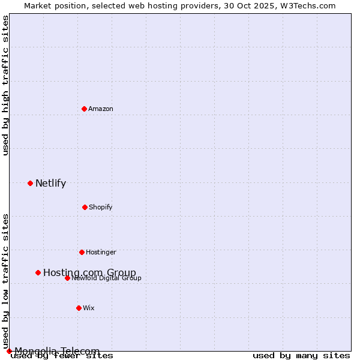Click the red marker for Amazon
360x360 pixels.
tap(84, 109)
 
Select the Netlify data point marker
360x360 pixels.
tap(30, 183)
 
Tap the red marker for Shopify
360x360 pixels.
tap(85, 207)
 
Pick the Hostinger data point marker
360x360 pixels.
tap(82, 252)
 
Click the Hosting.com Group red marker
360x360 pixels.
tap(38, 272)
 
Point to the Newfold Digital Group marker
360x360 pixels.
tap(67, 278)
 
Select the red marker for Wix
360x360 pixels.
tap(79, 308)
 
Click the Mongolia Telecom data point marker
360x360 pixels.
tap(9, 351)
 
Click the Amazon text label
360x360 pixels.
tap(101, 109)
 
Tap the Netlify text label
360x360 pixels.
tap(50, 183)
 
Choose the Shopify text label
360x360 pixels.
tap(101, 207)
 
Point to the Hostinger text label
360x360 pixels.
tap(101, 252)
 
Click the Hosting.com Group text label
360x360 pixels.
tap(89, 272)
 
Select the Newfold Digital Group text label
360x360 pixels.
tap(106, 278)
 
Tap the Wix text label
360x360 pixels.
tap(89, 308)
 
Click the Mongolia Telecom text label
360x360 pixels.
tap(57, 351)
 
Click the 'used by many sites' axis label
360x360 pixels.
tap(301, 356)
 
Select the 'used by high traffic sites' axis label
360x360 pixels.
tap(5, 85)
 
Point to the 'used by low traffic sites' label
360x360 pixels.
tap(5, 281)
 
